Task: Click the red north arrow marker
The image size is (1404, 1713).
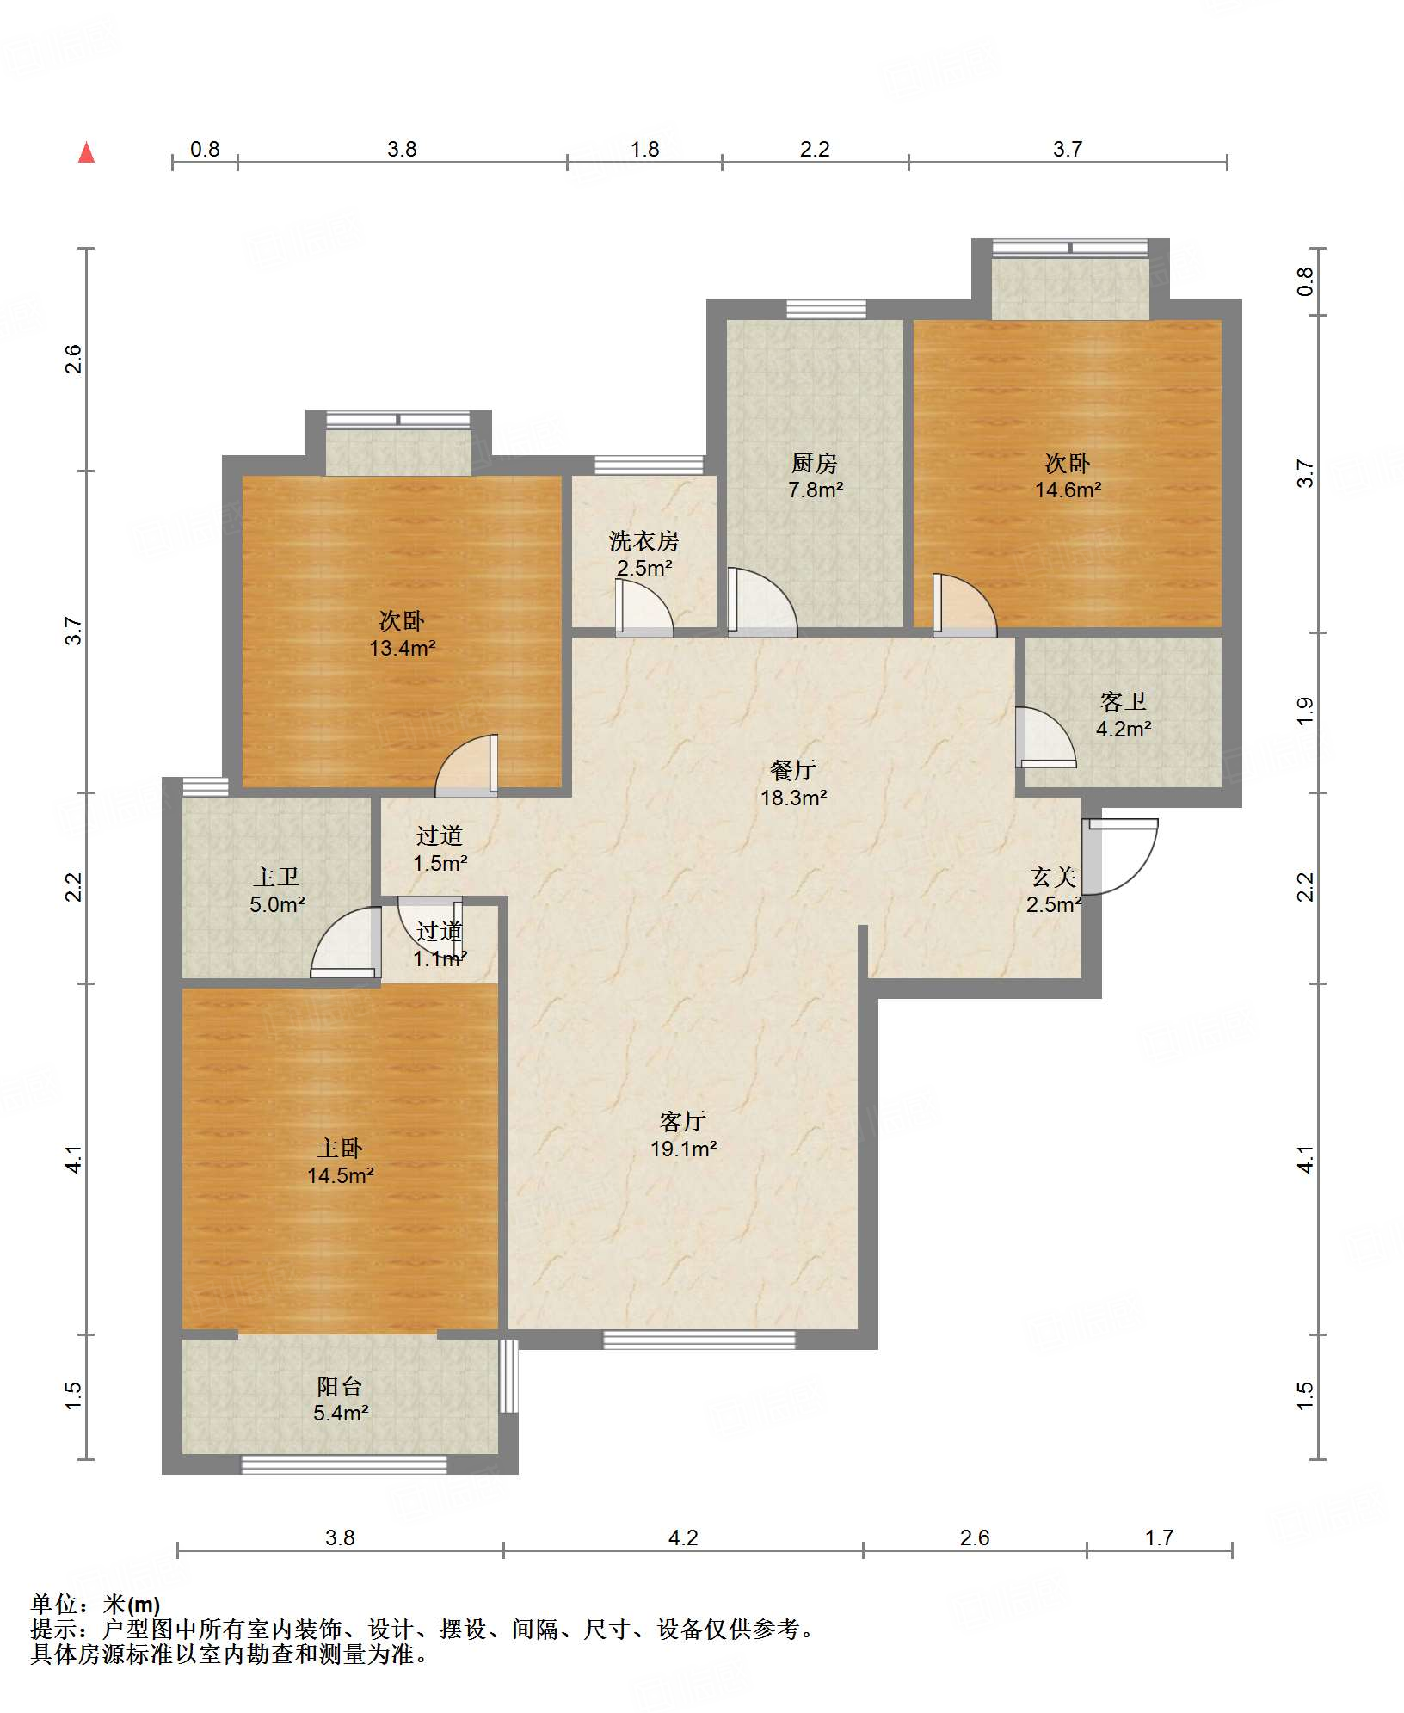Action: pos(86,152)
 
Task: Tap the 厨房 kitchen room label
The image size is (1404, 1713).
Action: pos(815,464)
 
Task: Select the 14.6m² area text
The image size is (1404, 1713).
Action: pos(1068,490)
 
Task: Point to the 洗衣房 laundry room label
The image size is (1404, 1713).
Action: pos(643,541)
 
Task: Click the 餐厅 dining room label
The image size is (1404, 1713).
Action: pos(793,770)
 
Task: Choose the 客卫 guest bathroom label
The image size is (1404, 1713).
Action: pos(1124,702)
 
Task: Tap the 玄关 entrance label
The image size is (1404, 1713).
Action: pos(1054,878)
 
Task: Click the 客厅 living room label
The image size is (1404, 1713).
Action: pos(683,1121)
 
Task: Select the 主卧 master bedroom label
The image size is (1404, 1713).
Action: pos(340,1149)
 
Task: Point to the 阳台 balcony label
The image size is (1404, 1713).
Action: pos(340,1386)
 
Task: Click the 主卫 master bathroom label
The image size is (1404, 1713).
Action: pos(276,878)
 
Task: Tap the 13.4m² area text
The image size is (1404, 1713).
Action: pos(402,649)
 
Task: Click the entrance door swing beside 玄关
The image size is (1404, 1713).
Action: pos(1120,856)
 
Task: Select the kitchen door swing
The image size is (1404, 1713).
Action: pos(762,602)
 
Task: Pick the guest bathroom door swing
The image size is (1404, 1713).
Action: pos(1046,737)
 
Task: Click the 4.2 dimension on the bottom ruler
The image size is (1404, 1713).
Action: pos(683,1537)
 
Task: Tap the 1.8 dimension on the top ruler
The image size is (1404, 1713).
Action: pos(644,150)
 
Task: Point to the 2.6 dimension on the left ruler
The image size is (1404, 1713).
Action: pos(74,359)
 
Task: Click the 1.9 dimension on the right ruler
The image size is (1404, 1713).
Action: pos(1305,711)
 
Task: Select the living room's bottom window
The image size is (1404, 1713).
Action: pos(699,1340)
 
